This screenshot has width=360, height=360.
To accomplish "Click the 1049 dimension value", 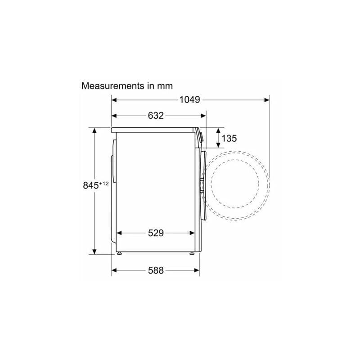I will click(189, 100).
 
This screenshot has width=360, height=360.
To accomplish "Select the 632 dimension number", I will click(156, 116).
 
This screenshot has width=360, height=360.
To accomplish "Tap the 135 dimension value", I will click(229, 139).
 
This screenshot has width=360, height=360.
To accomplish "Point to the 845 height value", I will click(91, 185).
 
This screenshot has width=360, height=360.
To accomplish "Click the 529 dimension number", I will click(156, 233).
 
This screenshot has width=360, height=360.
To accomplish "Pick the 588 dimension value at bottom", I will click(156, 270).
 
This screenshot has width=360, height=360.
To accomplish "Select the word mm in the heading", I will click(164, 86).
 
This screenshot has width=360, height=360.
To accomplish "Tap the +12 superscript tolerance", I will click(104, 183).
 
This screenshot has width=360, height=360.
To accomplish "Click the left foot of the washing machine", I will click(120, 254).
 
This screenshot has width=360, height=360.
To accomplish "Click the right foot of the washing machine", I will click(192, 254).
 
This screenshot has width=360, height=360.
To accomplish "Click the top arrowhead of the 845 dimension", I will click(94, 131).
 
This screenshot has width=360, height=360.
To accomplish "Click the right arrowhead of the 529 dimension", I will click(192, 233).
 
